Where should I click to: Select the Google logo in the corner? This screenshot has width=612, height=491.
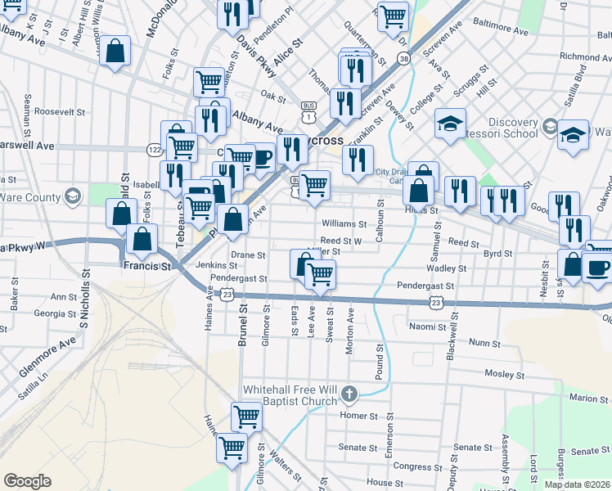27,481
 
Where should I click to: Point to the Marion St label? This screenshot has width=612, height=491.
590,398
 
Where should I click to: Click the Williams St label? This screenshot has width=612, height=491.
344,223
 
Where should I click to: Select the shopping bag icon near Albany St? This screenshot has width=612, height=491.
115,51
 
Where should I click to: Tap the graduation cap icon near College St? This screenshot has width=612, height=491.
449,124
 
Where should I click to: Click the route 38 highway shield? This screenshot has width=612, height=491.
403,58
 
